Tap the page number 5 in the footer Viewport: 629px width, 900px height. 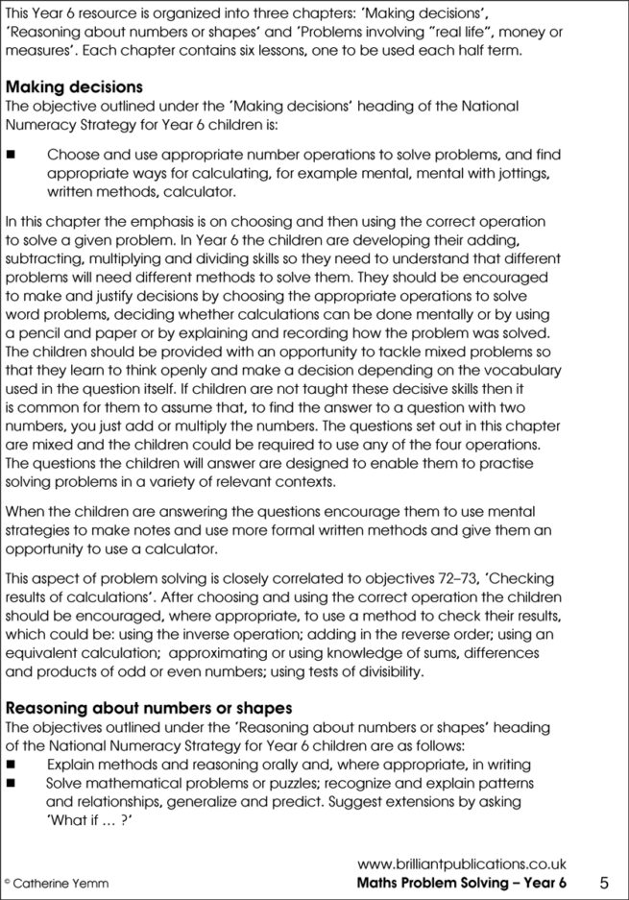[603, 882]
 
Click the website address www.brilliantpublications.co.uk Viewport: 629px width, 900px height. [462, 864]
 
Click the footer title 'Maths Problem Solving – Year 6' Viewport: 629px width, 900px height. [461, 882]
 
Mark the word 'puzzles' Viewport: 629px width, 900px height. [278, 782]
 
